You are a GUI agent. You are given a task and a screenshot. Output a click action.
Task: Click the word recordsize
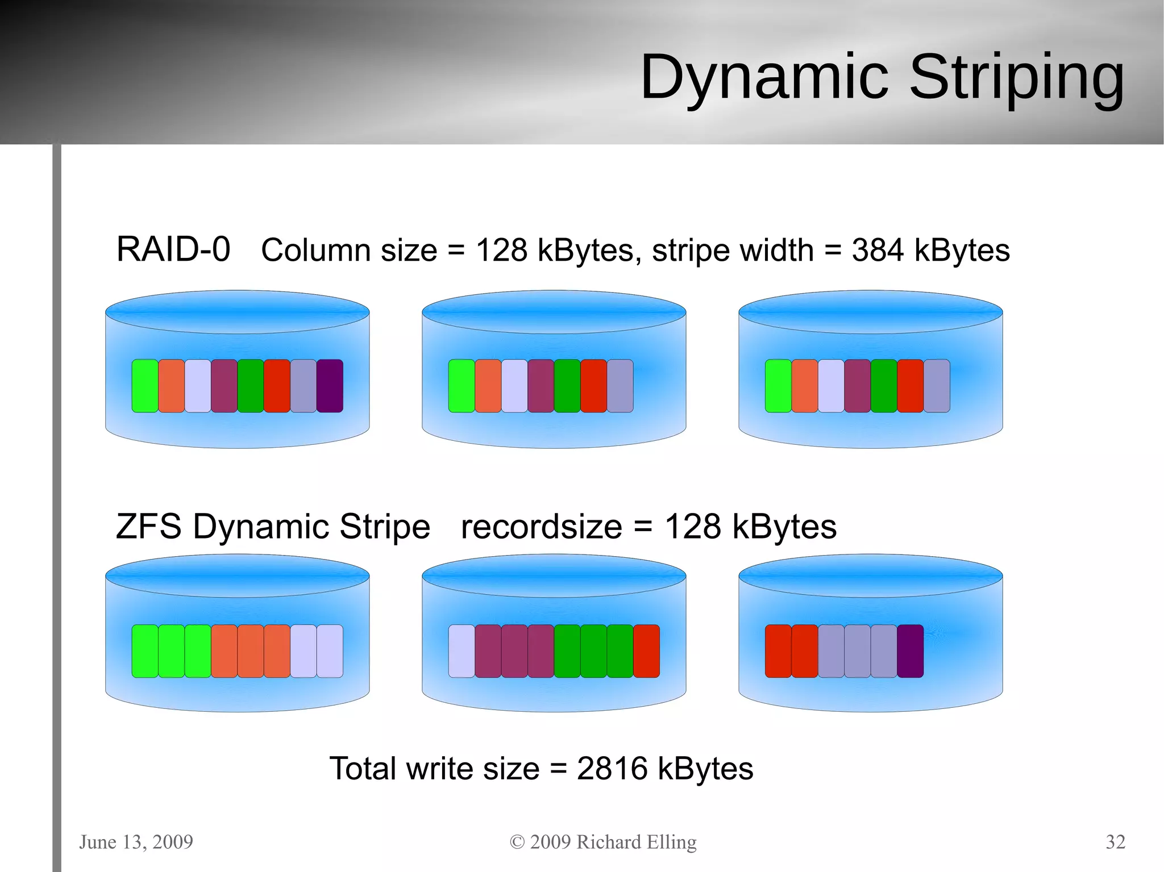[x=541, y=527]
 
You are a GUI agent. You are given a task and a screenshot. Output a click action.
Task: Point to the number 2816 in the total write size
[x=612, y=769]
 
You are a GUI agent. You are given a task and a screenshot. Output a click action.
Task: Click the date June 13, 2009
[x=136, y=841]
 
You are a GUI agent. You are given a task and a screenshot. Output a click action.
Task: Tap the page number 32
[x=1115, y=841]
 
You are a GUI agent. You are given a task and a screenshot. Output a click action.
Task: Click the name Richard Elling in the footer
[x=636, y=841]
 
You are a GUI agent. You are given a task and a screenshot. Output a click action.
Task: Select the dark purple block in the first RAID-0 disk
[x=330, y=386]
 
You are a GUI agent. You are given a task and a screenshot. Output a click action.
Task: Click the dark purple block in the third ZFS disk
[x=910, y=651]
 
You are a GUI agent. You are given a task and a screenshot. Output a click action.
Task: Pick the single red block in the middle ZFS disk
[x=646, y=651]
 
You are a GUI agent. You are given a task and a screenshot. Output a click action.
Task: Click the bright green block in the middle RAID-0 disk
[x=462, y=386]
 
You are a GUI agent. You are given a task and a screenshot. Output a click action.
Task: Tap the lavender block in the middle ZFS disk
[x=462, y=651]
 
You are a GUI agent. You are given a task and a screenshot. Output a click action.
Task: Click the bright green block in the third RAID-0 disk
[x=778, y=386]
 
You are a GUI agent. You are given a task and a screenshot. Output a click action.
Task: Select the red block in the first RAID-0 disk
[x=277, y=386]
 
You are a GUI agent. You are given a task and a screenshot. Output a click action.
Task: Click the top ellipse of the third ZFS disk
[x=870, y=575]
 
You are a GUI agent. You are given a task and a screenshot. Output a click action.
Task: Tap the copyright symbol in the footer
[x=517, y=842]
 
